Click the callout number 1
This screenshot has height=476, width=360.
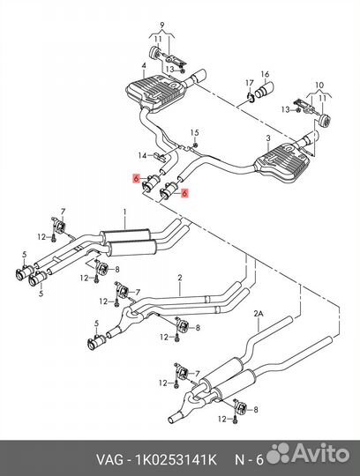point(124,211)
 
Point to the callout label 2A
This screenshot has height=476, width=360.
point(259,314)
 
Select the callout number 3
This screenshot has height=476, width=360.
point(268,138)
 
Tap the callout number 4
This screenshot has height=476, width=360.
point(144,65)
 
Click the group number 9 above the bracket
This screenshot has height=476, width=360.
point(161,24)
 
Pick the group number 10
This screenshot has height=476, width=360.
point(319,86)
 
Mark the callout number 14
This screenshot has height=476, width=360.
point(142,156)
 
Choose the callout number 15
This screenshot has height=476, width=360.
point(195,132)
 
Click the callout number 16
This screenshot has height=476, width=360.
point(265,74)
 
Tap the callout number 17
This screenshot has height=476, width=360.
point(250,83)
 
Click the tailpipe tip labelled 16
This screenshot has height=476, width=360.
point(266,90)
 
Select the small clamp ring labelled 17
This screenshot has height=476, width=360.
point(250,97)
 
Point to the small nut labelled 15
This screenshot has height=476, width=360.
point(196,145)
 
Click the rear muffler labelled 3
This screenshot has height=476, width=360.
point(283,166)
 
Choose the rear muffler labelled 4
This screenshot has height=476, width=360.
point(156,93)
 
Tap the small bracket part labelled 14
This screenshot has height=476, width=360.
point(159,157)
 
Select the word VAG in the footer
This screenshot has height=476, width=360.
point(109,460)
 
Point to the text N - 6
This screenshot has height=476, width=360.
point(249,460)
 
